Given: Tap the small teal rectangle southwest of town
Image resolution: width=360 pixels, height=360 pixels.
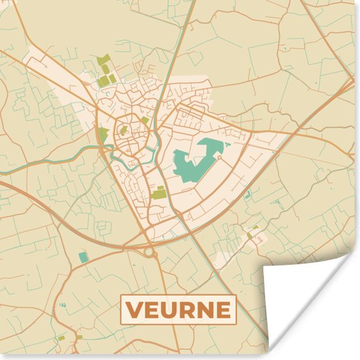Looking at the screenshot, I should point(83,257).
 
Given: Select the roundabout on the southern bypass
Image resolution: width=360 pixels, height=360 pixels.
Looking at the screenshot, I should point(149,250).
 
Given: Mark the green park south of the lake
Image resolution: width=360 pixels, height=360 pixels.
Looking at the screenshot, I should point(159,193).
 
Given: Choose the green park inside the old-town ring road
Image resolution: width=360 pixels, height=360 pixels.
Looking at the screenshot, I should point(123,130).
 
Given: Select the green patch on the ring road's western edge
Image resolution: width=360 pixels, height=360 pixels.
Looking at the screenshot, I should point(103,134).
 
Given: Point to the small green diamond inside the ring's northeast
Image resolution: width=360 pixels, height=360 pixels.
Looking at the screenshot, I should point(145,120).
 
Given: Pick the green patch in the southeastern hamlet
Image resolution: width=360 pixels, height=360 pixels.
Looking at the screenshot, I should point(250,234).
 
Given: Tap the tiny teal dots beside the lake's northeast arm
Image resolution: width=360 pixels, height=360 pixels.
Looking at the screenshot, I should point(226,142).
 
